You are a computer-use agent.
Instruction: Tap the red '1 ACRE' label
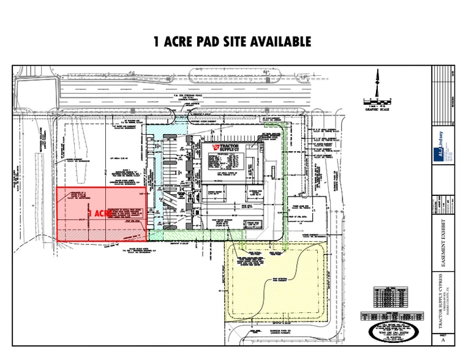[100, 213]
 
